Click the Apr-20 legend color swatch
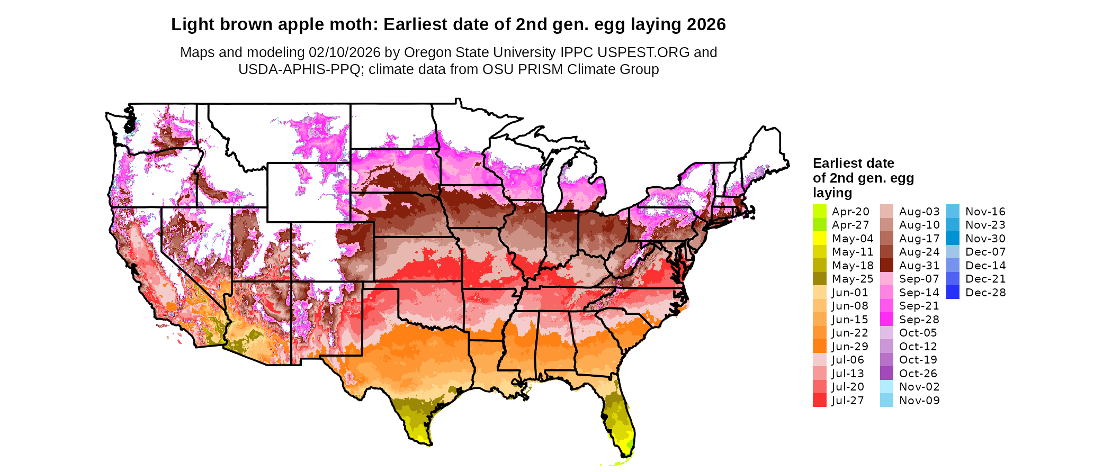pos(819,211)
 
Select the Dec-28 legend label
pos(985,293)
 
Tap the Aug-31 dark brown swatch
pos(886,266)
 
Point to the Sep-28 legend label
pos(919,320)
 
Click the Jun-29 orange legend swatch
pos(819,347)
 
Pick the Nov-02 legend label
pos(919,387)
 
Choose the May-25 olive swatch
pos(819,279)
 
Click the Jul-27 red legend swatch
pos(819,401)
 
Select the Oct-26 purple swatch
pos(886,374)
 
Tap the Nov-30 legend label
pos(985,239)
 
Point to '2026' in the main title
pos(706,25)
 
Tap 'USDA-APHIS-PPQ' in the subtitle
pos(299,69)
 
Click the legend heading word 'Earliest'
pos(837,163)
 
